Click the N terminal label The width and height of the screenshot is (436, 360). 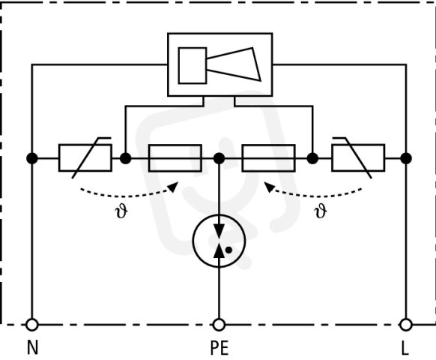(x=32, y=347)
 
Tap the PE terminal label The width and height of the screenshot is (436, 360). (x=219, y=348)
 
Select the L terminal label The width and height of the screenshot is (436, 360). (x=405, y=348)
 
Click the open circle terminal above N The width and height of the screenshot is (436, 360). (x=32, y=325)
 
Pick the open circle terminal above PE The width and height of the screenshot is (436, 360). (x=219, y=325)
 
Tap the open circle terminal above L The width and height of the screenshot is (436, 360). (x=406, y=325)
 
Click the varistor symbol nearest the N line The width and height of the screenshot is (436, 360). (x=85, y=157)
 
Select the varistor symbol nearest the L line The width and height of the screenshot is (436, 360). (x=358, y=157)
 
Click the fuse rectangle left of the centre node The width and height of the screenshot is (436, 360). (x=175, y=158)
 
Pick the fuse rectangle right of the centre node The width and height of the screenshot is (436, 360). (x=269, y=158)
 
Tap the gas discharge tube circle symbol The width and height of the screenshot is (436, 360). (x=219, y=241)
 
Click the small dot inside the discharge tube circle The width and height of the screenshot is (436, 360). (x=228, y=250)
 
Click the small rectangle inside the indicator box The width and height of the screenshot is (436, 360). (x=193, y=65)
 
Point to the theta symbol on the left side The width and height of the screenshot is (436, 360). (x=121, y=211)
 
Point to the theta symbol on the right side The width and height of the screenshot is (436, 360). (x=321, y=211)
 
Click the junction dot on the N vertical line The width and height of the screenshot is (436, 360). (x=32, y=158)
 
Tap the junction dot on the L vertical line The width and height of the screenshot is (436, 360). (x=406, y=158)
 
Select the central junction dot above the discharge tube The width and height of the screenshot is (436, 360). (x=219, y=158)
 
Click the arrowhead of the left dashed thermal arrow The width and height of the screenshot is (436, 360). (x=174, y=187)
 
